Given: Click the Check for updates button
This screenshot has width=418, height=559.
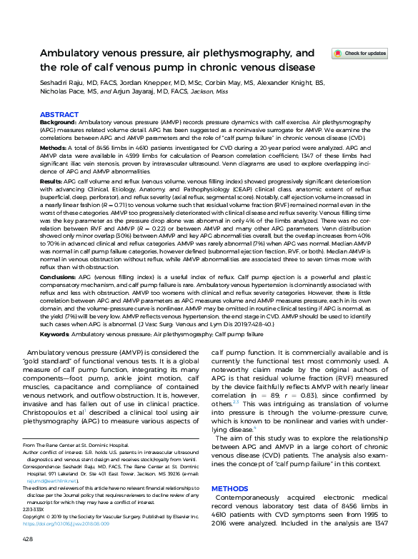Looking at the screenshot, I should tap(360, 54).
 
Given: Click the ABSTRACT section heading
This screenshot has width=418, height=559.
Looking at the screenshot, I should tap(59, 114).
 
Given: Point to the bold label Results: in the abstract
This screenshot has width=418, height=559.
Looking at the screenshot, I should tap(51, 182).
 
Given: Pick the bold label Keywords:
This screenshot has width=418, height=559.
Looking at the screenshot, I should tap(54, 333).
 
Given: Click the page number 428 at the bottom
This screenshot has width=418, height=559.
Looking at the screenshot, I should tap(28, 538).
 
